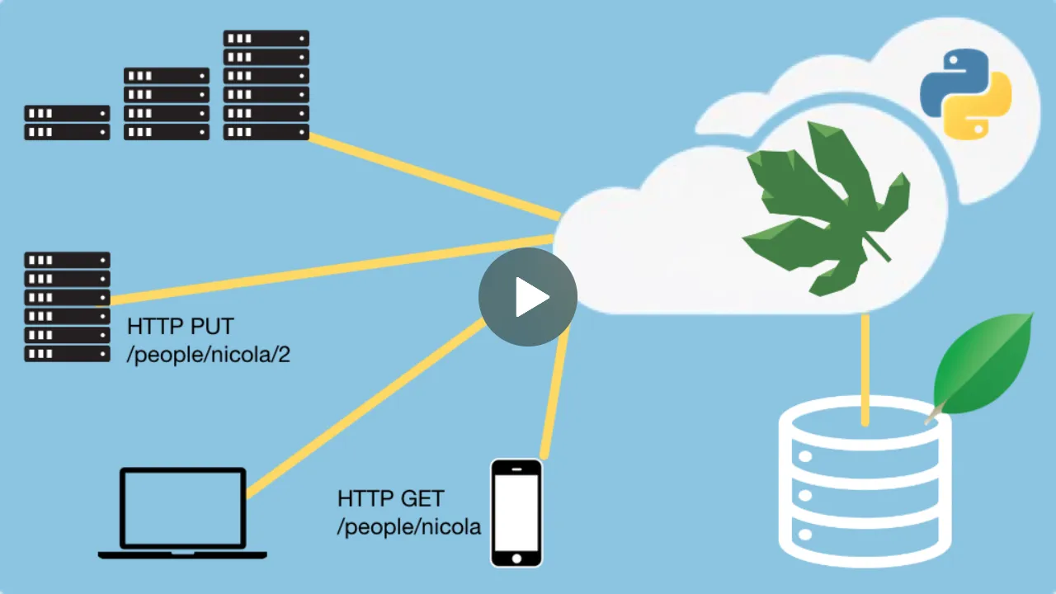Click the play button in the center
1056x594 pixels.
coord(528,297)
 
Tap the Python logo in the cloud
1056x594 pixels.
coord(966,92)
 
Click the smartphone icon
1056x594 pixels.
coord(516,512)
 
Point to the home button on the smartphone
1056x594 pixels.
coord(516,558)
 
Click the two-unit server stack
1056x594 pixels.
coord(67,122)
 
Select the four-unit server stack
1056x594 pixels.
coord(167,104)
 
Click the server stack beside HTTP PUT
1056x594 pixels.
coord(67,307)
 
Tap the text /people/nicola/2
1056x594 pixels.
coord(209,356)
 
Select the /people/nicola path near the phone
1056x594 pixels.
coord(409,526)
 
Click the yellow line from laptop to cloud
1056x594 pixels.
coord(363,409)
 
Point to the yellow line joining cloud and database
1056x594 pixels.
coord(865,367)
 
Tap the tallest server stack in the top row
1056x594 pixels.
coord(266,85)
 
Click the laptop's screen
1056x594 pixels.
coord(183,507)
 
